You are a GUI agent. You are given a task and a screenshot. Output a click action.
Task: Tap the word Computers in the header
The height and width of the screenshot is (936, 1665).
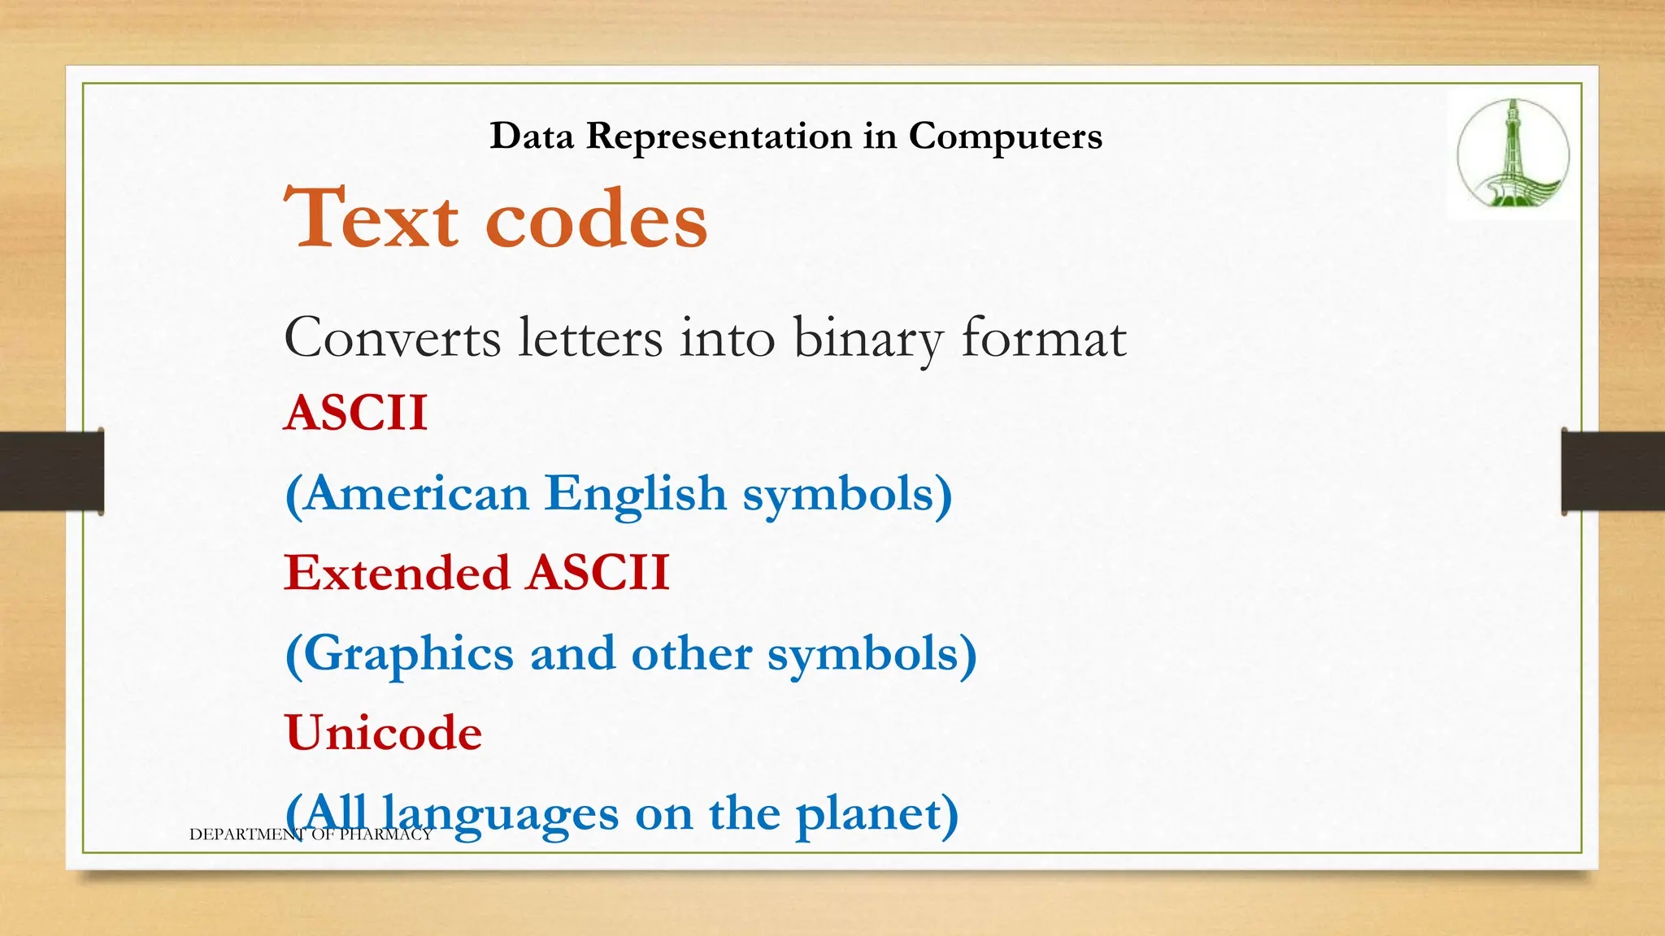pos(1005,136)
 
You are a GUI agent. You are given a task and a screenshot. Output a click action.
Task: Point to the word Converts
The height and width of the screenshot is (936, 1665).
pos(392,338)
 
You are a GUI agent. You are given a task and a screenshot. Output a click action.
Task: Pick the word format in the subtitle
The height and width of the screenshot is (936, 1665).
pos(1044,338)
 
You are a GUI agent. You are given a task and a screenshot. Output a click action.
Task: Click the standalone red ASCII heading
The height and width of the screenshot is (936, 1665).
pos(355,413)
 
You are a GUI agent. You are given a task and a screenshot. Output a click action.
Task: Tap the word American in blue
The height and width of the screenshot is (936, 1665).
pos(416,493)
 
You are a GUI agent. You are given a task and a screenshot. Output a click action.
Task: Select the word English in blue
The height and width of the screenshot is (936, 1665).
pos(635,494)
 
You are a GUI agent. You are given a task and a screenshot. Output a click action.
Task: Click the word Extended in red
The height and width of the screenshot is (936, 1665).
pos(397,573)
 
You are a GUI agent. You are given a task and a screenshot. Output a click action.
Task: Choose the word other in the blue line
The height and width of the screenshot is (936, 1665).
pos(691,653)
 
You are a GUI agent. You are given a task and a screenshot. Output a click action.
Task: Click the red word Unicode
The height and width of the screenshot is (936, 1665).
pos(384,733)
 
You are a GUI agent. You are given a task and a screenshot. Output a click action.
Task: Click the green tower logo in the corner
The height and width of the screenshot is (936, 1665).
pos(1512,154)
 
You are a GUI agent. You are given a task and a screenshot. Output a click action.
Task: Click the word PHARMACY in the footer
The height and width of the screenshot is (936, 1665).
pos(385,834)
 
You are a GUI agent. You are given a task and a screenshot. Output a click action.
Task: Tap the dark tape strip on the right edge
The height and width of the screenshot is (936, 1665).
pos(1613,471)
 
